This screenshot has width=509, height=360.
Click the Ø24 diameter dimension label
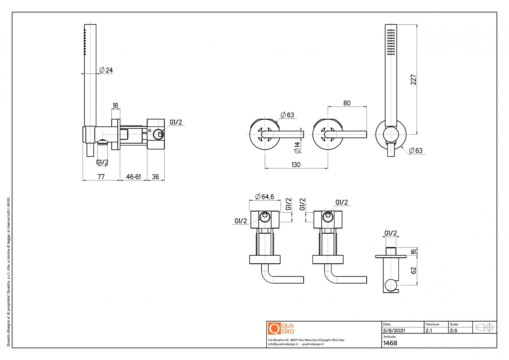(106, 70)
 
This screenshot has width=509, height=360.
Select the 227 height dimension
(413, 79)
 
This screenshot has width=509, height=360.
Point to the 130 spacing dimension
(296, 165)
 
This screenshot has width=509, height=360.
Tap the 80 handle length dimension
(347, 103)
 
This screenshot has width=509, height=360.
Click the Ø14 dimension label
(297, 148)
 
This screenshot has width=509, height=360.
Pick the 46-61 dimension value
(133, 177)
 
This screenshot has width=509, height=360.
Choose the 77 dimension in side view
(101, 177)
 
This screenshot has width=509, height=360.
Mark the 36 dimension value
(155, 177)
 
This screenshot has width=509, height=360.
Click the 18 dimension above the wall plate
(115, 105)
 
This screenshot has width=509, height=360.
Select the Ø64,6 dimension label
(264, 197)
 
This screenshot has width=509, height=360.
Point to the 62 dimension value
(414, 270)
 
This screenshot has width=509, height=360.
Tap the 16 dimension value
(414, 251)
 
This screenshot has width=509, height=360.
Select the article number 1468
(390, 343)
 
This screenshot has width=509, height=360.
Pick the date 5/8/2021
(394, 330)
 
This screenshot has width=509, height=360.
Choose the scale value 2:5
(453, 330)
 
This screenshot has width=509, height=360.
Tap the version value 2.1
(429, 330)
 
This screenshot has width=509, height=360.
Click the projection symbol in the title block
(485, 327)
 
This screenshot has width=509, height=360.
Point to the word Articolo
(389, 337)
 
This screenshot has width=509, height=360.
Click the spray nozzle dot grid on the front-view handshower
(391, 42)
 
